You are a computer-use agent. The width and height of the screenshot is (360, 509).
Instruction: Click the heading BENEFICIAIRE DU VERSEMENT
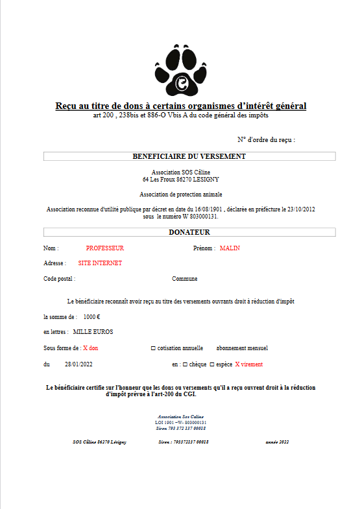(189, 156)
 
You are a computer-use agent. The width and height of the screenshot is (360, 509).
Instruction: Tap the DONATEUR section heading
(189, 232)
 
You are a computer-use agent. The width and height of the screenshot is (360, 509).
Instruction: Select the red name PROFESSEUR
(104, 248)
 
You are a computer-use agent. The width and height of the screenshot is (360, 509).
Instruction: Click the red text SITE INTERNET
(100, 263)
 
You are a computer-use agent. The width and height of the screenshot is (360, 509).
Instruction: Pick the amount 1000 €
(91, 316)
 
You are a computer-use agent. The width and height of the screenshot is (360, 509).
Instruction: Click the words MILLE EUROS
(93, 332)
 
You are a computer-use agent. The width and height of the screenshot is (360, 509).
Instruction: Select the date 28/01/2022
(78, 364)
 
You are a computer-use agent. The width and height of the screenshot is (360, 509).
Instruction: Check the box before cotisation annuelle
(153, 348)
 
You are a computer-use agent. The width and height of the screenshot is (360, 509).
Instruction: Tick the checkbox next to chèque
(186, 364)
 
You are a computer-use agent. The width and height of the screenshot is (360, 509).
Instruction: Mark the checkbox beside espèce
(212, 364)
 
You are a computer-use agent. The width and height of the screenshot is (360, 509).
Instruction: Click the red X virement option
(249, 364)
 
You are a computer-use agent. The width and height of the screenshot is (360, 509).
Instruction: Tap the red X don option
(90, 348)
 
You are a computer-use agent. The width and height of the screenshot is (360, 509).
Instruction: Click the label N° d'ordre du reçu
(266, 140)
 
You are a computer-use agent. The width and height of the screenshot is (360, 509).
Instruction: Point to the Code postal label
(60, 279)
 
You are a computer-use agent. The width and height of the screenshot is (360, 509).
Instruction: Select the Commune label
(185, 279)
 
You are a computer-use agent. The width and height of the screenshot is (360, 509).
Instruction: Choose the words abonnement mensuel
(241, 348)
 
